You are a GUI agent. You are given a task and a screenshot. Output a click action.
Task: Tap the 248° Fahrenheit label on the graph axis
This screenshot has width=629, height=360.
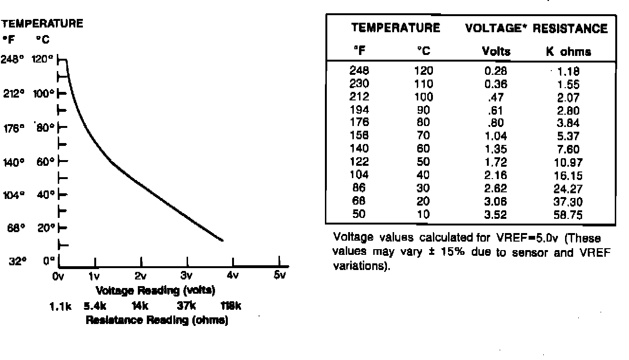[13, 60]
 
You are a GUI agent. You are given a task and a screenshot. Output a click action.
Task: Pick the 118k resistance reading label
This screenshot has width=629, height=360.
[231, 306]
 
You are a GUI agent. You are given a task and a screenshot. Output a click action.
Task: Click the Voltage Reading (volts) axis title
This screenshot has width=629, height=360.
[156, 290]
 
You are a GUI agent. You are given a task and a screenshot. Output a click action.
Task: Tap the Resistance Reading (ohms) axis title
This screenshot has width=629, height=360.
[157, 321]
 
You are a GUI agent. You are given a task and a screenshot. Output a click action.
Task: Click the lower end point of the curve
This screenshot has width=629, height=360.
[223, 241]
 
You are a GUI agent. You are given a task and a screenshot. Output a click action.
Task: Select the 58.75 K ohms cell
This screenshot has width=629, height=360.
[568, 215]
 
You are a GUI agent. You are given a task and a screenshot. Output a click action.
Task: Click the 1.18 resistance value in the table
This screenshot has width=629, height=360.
[568, 72]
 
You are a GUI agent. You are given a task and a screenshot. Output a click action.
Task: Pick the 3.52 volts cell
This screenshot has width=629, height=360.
[496, 215]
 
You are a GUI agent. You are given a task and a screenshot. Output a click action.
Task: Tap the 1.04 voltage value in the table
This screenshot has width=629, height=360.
[496, 137]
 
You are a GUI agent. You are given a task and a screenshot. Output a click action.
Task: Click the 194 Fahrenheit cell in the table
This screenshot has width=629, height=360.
[359, 110]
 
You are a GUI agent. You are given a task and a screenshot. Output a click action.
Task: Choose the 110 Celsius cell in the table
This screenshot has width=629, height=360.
[423, 84]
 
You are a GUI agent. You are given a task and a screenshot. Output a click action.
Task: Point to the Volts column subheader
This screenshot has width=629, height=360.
[496, 52]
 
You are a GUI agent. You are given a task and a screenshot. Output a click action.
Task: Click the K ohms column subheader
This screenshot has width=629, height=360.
[568, 52]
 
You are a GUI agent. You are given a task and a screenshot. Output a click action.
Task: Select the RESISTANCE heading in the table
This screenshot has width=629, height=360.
[570, 29]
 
